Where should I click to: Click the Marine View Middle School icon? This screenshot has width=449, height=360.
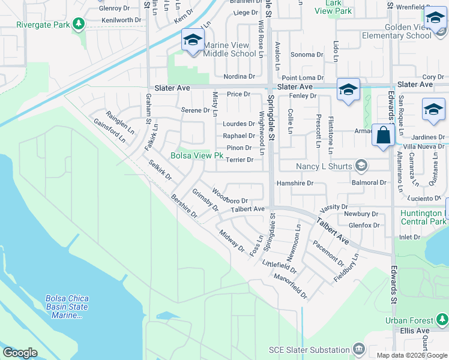(x=192, y=40)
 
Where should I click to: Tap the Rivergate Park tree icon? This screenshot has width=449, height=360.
(x=78, y=24)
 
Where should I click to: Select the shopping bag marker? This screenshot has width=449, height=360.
(x=383, y=135)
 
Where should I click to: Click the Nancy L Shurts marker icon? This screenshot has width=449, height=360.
(x=361, y=165)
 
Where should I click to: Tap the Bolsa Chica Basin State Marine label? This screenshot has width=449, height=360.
(x=67, y=307)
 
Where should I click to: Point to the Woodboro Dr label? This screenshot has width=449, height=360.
(x=230, y=196)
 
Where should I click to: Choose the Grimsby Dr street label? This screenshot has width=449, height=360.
(x=205, y=200)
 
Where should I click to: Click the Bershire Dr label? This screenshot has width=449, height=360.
(x=184, y=205)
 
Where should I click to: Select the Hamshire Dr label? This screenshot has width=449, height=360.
(x=295, y=183)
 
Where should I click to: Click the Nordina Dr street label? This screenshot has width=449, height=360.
(x=239, y=76)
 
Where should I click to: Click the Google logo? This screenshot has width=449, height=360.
(x=20, y=352)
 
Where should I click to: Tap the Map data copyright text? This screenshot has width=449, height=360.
(x=411, y=355)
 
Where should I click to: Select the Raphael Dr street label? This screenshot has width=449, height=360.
(x=239, y=136)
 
